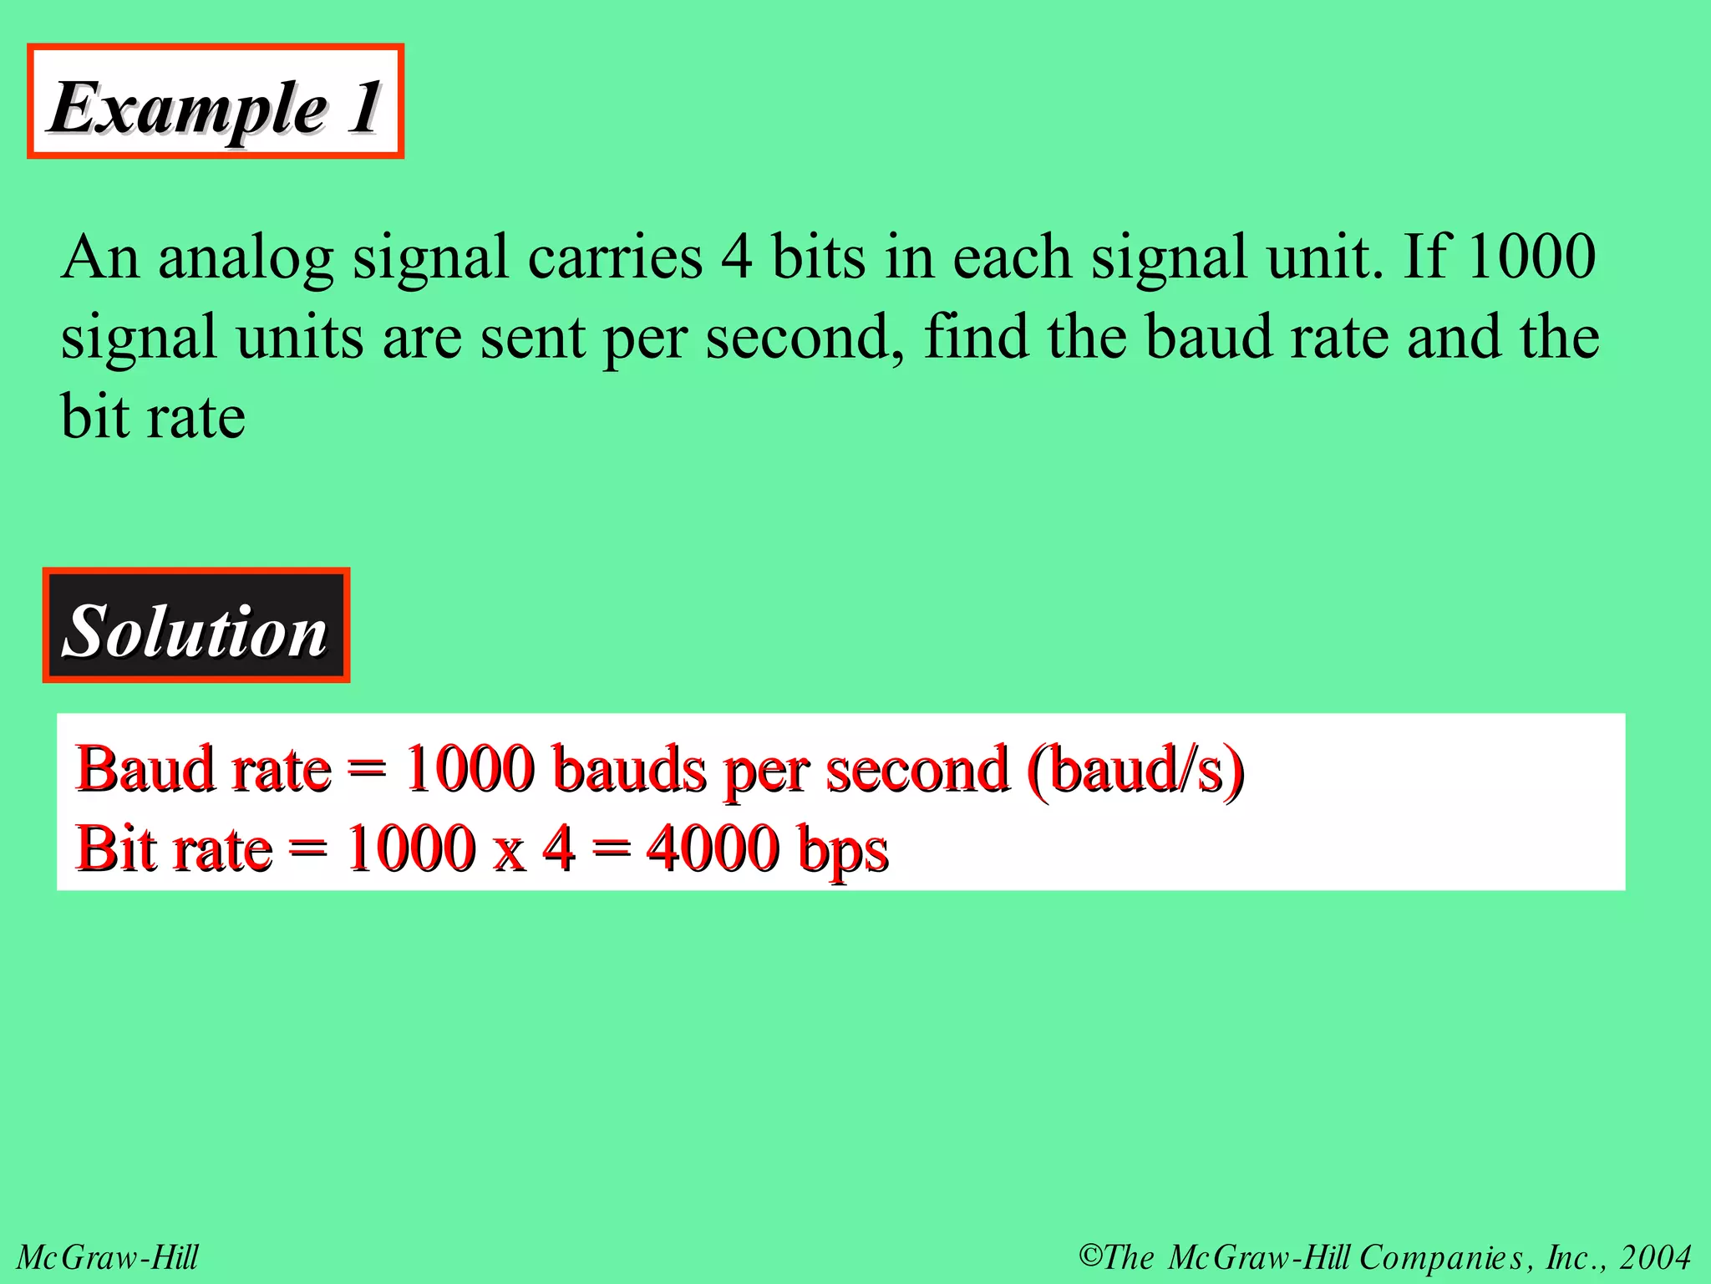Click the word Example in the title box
point(189,109)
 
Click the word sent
point(532,338)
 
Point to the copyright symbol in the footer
point(1090,1256)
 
